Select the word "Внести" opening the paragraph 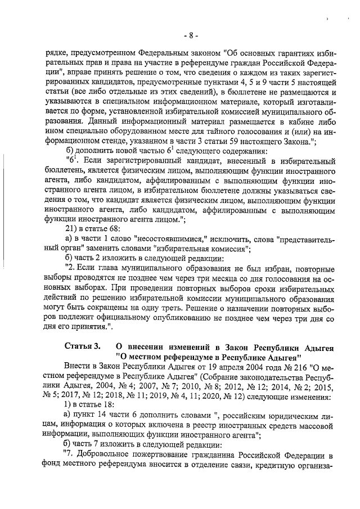click(79, 366)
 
